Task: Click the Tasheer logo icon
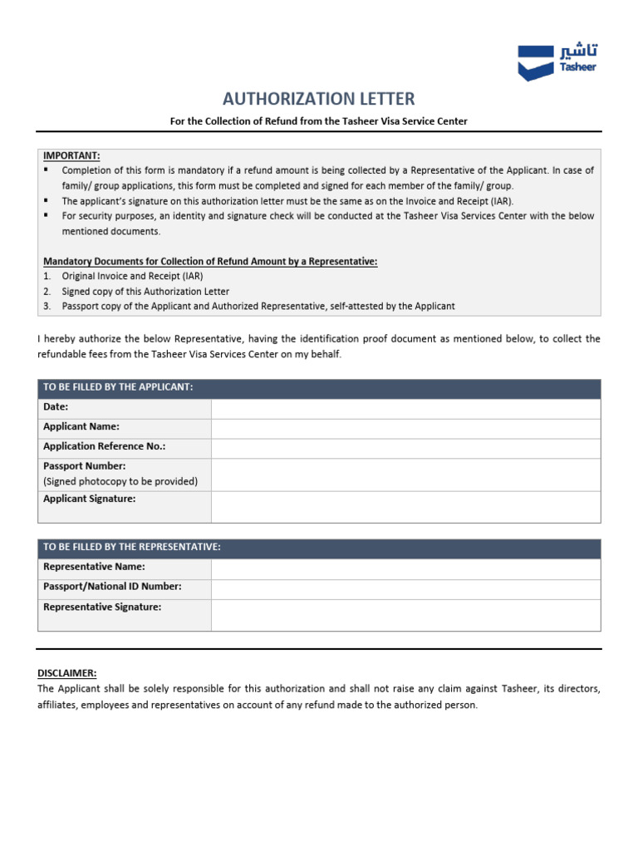535,62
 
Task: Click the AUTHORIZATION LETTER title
319,99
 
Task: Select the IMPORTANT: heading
71,155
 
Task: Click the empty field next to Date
405,408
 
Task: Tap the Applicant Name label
81,426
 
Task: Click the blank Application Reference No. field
405,448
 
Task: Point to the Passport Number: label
85,466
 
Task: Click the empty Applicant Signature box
405,506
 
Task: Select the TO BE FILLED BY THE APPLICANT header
118,387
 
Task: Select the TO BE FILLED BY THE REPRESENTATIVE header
132,547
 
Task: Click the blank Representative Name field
405,568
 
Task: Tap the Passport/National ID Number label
112,587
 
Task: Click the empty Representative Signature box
405,615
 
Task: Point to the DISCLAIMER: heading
67,673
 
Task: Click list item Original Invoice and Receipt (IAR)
132,276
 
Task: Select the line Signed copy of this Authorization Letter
145,291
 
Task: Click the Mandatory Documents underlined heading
210,261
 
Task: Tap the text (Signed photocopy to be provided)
120,481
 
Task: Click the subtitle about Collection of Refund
319,121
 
